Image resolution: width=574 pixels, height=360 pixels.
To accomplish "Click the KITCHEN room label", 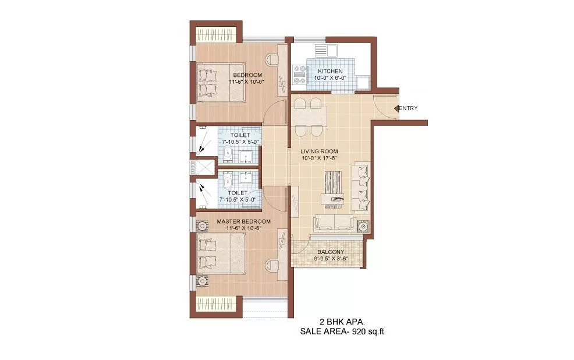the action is (330, 71).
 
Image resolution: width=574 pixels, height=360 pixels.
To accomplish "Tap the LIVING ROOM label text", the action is (319, 151).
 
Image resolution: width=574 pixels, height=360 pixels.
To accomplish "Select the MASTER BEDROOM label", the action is (243, 221).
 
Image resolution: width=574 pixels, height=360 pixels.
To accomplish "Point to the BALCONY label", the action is (331, 252).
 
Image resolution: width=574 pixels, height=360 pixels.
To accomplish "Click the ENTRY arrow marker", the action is (396, 108).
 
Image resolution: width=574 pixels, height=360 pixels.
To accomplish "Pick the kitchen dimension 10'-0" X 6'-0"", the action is (330, 78).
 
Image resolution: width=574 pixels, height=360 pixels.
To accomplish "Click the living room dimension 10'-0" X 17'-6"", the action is (319, 158).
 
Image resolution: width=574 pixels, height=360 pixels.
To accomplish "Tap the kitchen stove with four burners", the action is (300, 75).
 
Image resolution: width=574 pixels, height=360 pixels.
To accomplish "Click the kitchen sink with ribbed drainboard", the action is (325, 51).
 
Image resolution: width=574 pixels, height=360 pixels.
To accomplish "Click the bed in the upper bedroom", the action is (221, 83).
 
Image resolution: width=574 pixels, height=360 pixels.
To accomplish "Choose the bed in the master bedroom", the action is (221, 253).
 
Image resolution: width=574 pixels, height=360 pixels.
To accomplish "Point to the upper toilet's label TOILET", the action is (240, 135).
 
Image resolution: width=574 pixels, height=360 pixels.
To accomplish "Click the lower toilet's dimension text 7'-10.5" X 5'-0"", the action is (238, 200).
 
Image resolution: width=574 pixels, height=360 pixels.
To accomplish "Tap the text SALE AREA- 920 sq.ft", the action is (342, 332).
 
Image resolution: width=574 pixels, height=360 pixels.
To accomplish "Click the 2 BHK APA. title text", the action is (342, 322).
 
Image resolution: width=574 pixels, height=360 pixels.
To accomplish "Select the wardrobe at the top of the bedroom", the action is (216, 34).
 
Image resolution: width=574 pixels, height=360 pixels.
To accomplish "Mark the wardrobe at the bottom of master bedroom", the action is (216, 303).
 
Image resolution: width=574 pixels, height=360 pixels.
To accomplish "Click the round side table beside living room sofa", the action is (363, 227).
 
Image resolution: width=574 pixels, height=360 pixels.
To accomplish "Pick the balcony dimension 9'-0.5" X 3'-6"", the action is (331, 259).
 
